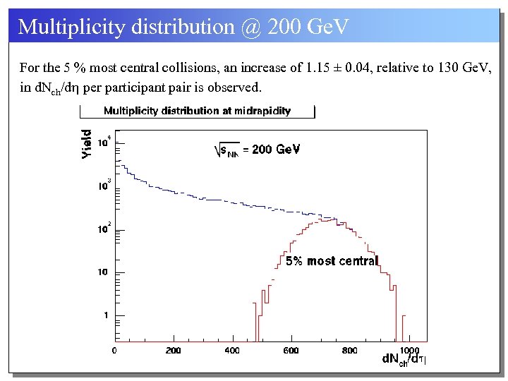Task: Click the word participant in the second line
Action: click(x=144, y=87)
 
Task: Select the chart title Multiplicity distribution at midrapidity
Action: click(x=197, y=111)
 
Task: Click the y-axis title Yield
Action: click(x=87, y=143)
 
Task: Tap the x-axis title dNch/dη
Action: click(x=405, y=359)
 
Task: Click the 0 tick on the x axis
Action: click(x=116, y=350)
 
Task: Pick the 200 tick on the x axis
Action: click(x=174, y=350)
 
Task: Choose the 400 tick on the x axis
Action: click(x=232, y=350)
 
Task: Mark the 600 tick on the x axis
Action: click(x=291, y=350)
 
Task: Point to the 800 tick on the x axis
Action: click(x=349, y=350)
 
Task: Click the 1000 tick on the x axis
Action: click(x=409, y=350)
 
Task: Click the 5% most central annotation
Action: click(x=332, y=261)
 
